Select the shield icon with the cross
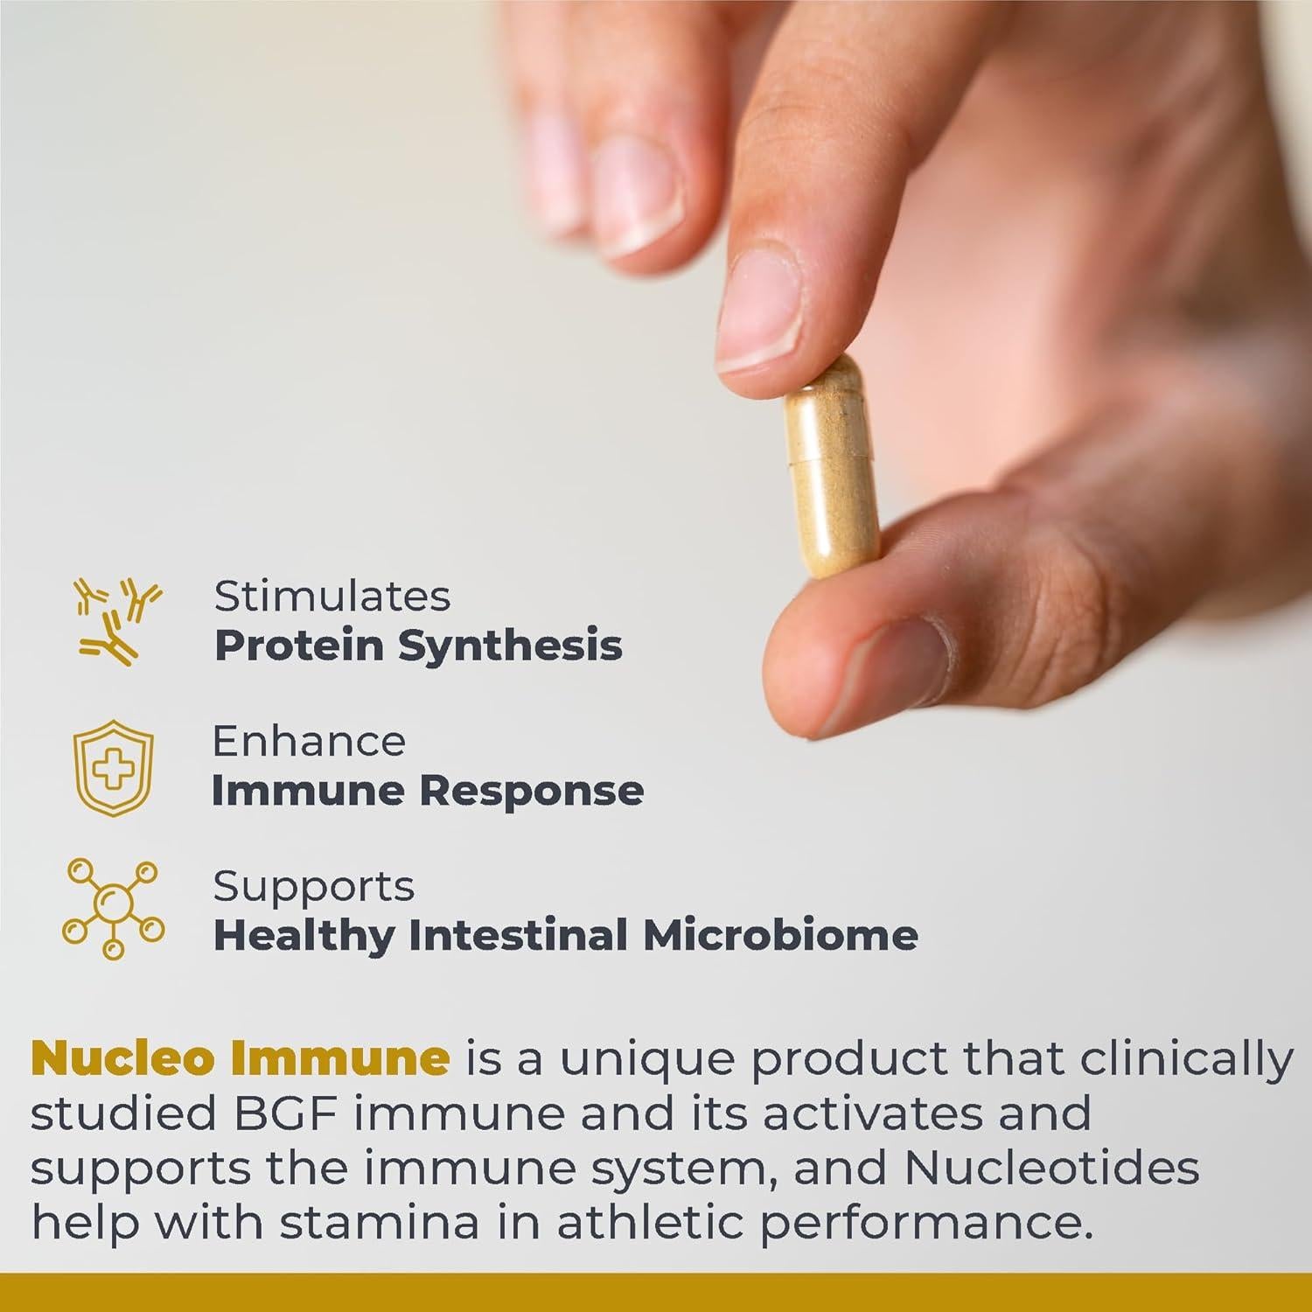click(113, 767)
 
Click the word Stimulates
click(332, 597)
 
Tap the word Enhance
click(309, 742)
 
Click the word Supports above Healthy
click(313, 887)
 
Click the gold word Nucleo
click(122, 1058)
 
